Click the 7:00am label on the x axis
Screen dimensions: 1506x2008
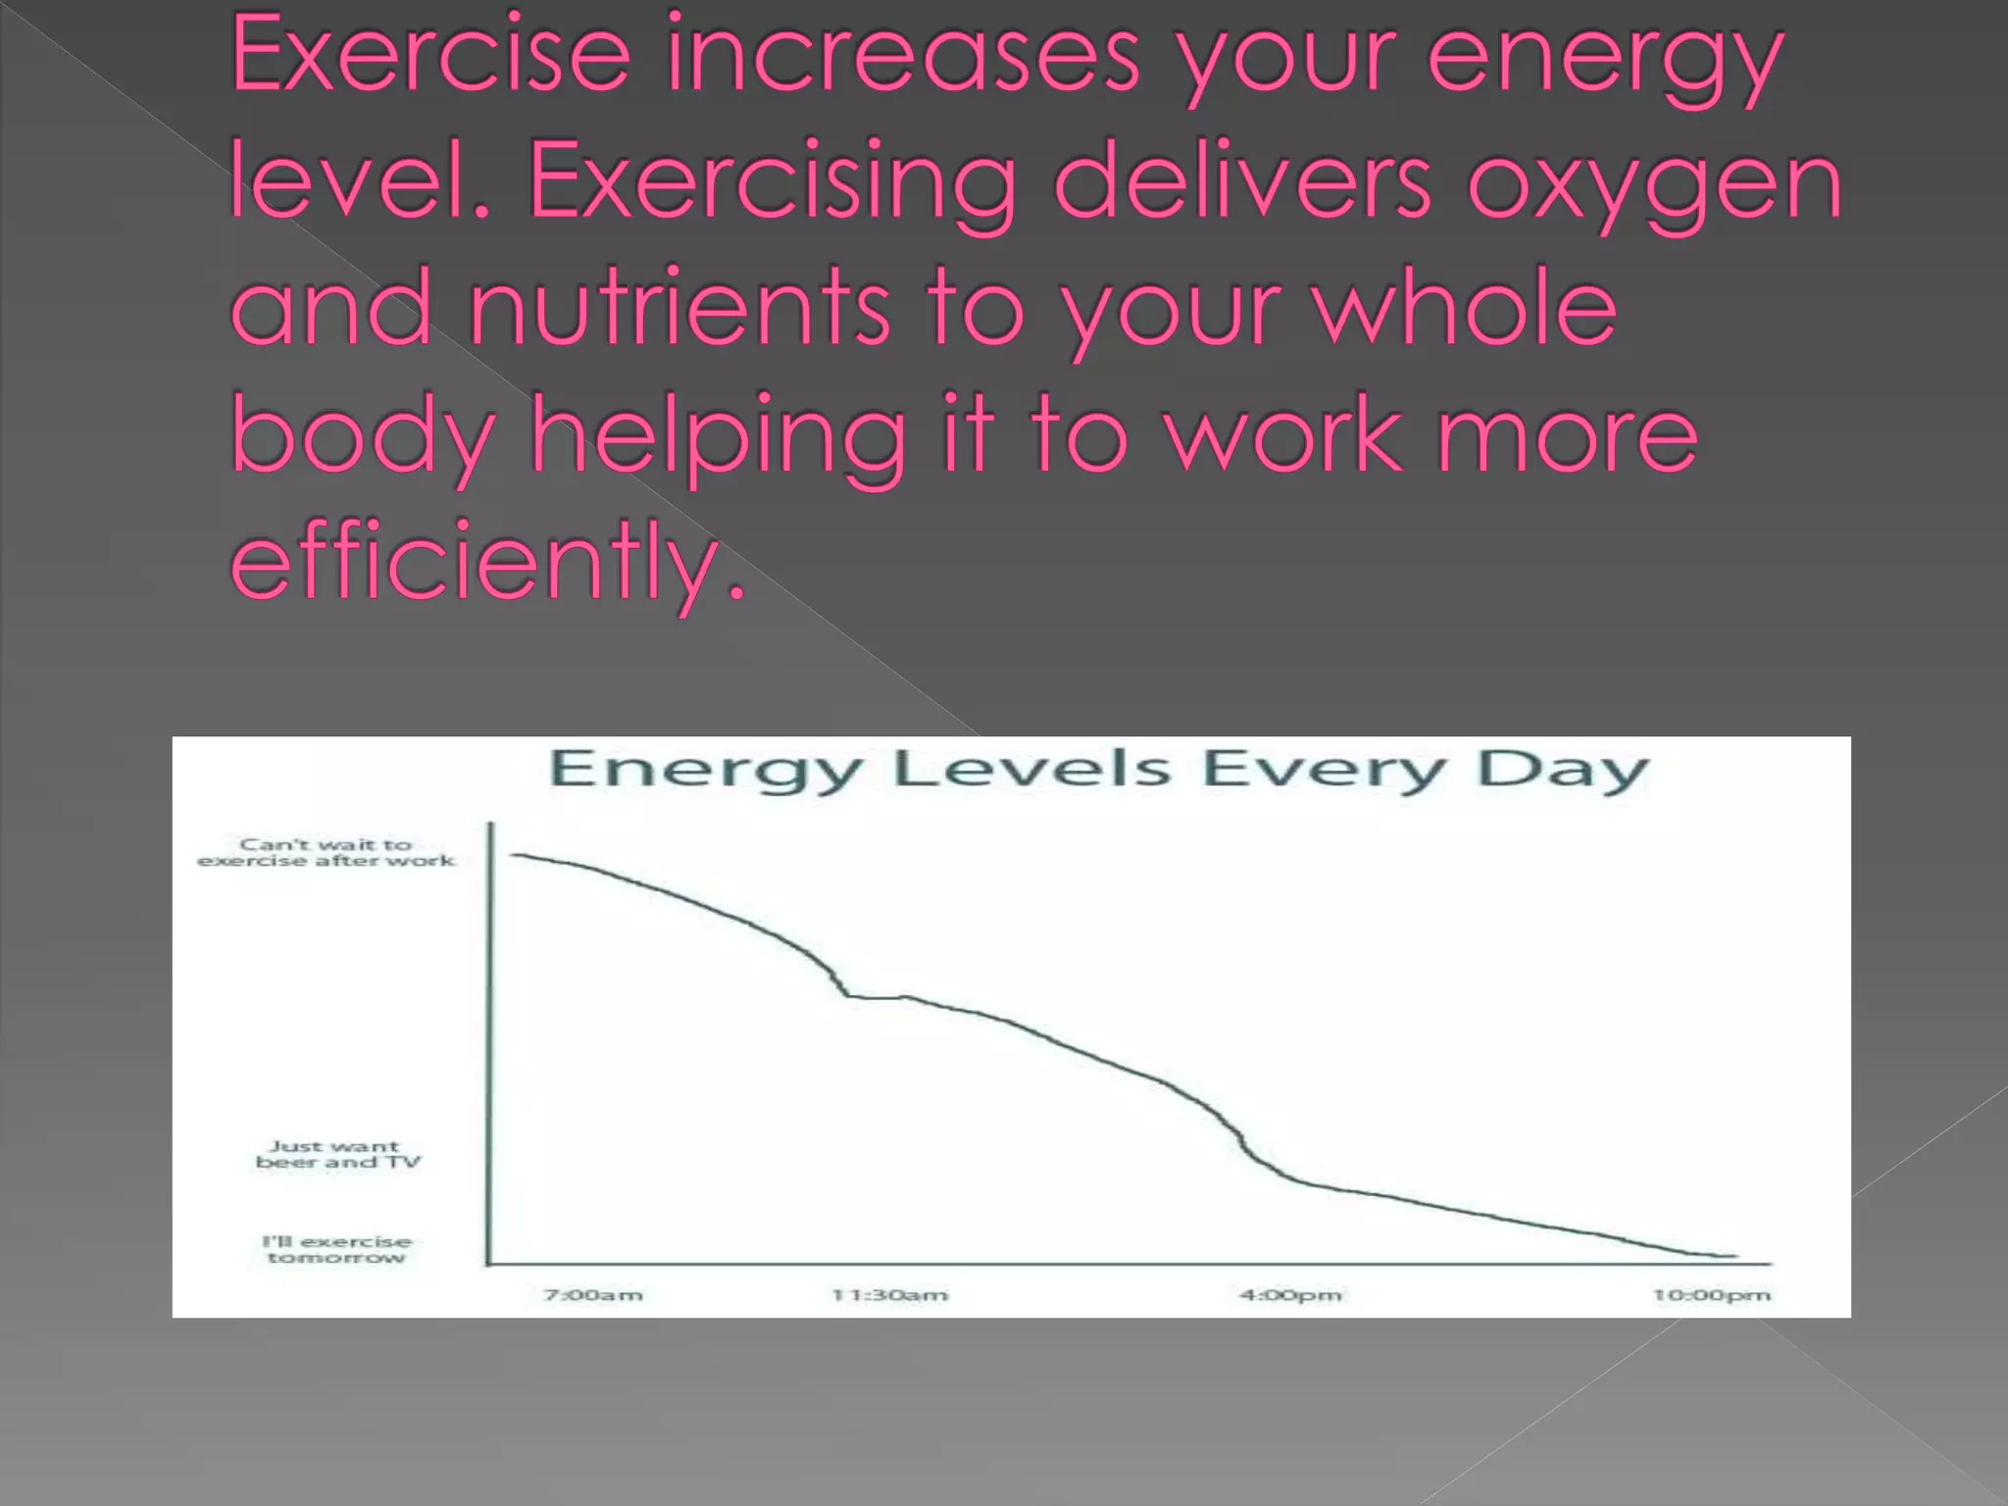pyautogui.click(x=593, y=1295)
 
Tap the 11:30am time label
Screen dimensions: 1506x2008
pyautogui.click(x=890, y=1295)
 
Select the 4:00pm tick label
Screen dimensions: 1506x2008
pyautogui.click(x=1290, y=1295)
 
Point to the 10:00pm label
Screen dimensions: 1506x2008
pyautogui.click(x=1712, y=1295)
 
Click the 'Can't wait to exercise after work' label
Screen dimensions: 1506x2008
pyautogui.click(x=326, y=852)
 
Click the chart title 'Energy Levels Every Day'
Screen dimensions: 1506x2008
pyautogui.click(x=1098, y=770)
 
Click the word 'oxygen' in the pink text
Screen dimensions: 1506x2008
pyautogui.click(x=1654, y=183)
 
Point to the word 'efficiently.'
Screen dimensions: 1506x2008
pyautogui.click(x=488, y=561)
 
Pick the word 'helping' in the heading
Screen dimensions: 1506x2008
pyautogui.click(x=719, y=436)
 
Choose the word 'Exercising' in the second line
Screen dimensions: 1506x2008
pyautogui.click(x=773, y=183)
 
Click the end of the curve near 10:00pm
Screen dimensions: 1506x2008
pyautogui.click(x=1735, y=1256)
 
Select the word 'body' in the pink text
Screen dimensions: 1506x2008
pyautogui.click(x=363, y=436)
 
